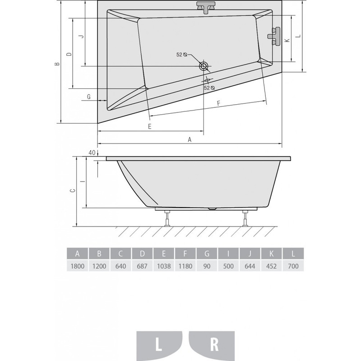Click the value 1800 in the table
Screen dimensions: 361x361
click(x=77, y=266)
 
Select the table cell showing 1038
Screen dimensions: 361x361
click(x=164, y=266)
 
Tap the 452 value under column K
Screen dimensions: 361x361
click(x=271, y=266)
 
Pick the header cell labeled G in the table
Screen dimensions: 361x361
click(x=207, y=254)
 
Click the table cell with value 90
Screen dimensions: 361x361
click(x=207, y=266)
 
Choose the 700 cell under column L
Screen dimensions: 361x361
click(x=293, y=266)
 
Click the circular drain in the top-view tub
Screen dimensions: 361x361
click(x=204, y=66)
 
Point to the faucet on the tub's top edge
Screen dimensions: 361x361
click(x=206, y=7)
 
